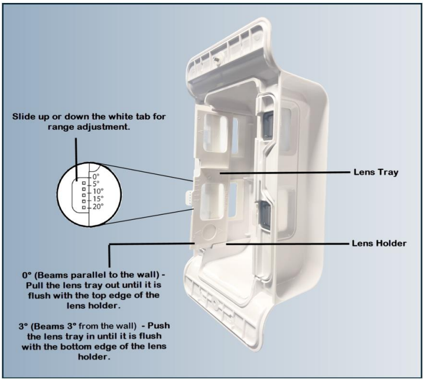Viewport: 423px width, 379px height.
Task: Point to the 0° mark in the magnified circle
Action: pos(96,177)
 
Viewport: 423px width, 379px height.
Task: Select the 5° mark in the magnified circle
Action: pos(96,184)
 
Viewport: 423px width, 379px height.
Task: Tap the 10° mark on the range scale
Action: pos(97,191)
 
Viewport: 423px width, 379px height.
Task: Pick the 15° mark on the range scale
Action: pos(97,198)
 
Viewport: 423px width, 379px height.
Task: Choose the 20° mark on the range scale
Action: pos(97,206)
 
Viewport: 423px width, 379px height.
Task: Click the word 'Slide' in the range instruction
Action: pos(25,117)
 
